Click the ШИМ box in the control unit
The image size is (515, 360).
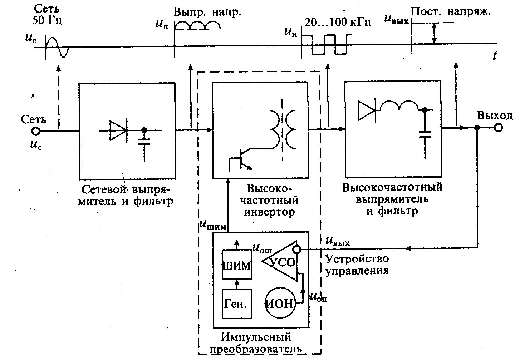236,265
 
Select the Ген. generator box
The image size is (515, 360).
236,304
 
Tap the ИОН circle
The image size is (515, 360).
280,304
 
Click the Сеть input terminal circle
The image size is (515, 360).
36,131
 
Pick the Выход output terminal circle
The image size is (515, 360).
498,128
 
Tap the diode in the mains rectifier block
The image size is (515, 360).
118,130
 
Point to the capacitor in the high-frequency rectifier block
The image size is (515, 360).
425,135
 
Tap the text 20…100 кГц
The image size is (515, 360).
338,22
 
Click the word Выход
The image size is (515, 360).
495,115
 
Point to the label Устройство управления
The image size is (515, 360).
357,264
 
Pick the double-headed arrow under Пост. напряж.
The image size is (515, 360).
434,33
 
